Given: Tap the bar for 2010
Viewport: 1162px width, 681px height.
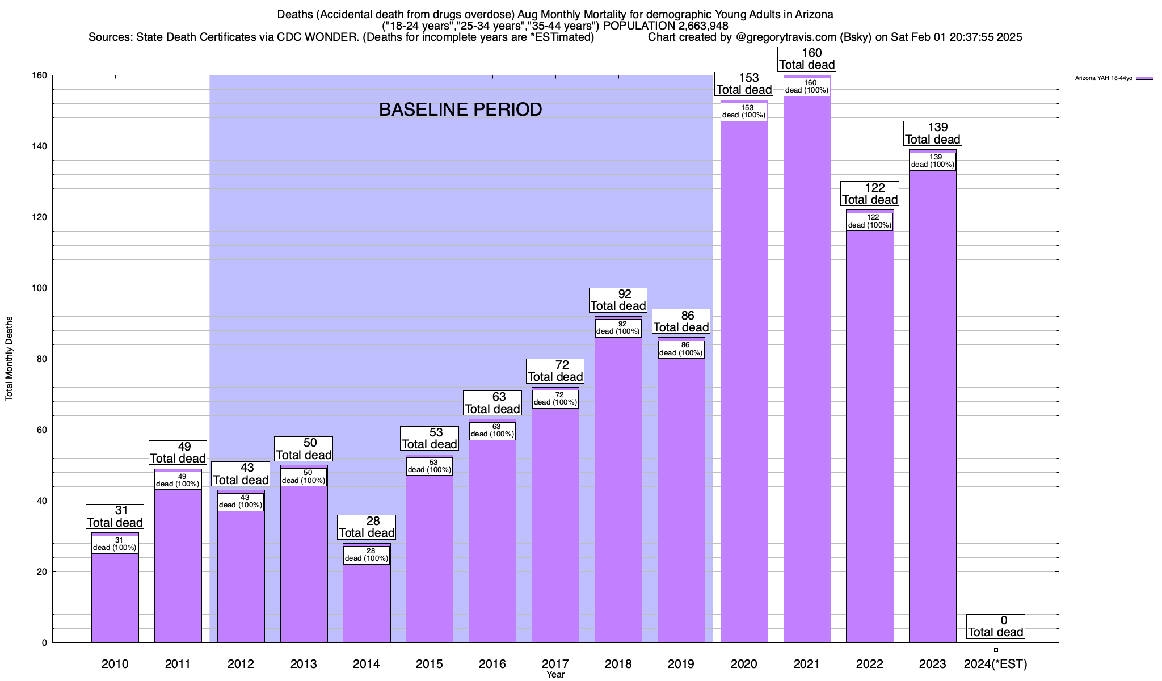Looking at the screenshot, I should [x=115, y=599].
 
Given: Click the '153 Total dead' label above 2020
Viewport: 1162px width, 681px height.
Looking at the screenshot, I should [x=744, y=84].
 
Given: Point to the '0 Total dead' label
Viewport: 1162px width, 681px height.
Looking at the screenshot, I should [x=996, y=627].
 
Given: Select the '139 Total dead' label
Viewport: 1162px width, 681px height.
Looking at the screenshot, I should [x=933, y=134].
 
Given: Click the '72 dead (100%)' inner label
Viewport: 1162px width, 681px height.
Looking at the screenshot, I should [x=555, y=399].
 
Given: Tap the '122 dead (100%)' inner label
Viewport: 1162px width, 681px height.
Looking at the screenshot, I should [x=870, y=221].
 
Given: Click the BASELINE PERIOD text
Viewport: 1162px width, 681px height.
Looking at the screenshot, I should [x=460, y=110].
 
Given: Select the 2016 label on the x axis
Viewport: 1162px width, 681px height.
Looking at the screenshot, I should [x=492, y=664].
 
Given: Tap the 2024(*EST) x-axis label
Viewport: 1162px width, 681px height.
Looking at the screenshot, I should [x=996, y=664].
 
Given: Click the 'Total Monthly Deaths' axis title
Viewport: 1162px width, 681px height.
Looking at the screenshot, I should [x=9, y=359].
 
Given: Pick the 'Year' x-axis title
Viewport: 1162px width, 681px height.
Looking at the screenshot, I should [x=555, y=675].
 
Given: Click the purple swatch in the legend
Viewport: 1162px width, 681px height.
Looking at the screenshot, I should [x=1144, y=78].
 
